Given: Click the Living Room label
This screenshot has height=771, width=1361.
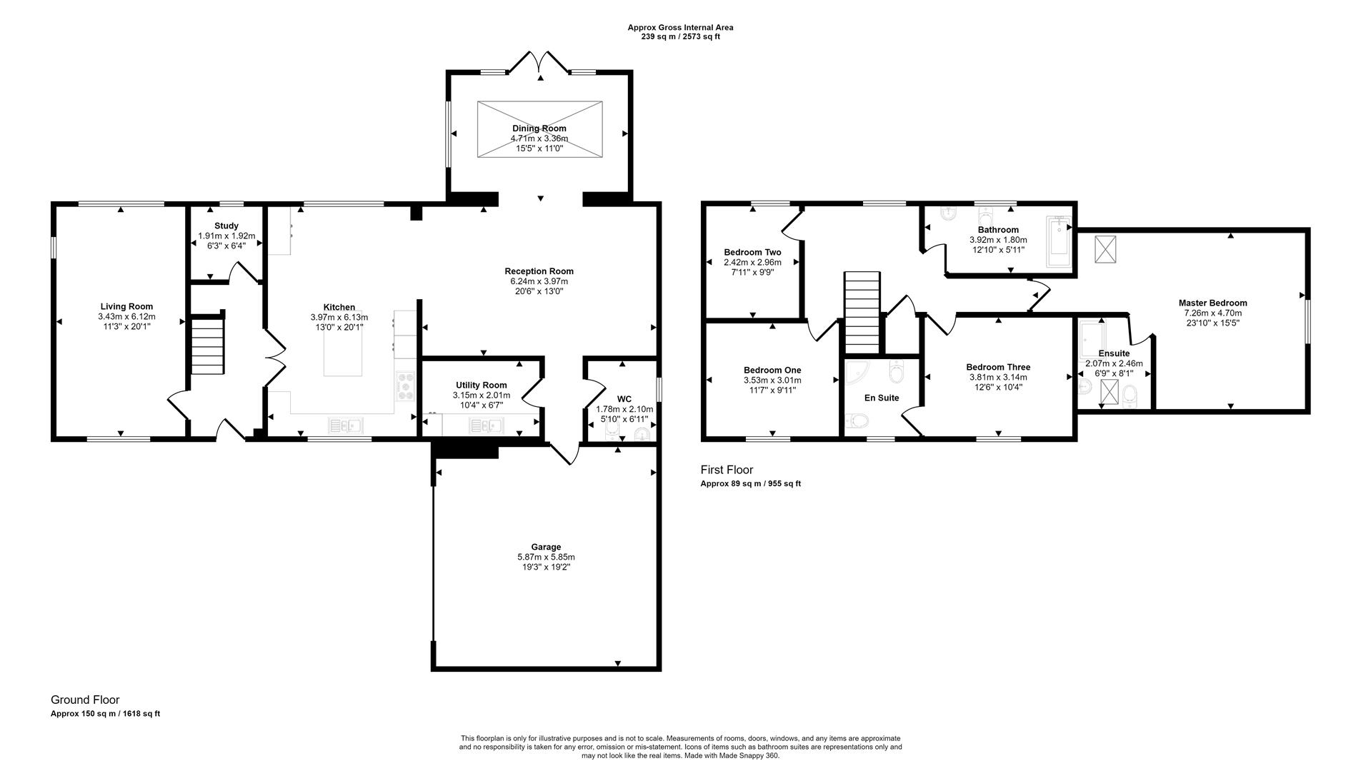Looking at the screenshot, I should tap(126, 307).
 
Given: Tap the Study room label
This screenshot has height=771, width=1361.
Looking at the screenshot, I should tap(226, 226).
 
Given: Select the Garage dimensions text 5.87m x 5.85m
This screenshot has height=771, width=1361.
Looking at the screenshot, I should tap(546, 557).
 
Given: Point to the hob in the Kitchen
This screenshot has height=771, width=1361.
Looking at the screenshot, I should tap(406, 385).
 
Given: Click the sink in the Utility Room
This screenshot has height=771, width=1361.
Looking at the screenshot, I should tap(486, 426).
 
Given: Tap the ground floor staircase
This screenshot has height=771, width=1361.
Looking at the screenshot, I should tap(208, 346).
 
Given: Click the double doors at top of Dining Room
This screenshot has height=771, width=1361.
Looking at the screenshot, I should tap(540, 64).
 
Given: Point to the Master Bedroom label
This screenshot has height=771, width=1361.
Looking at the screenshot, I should tap(1212, 303).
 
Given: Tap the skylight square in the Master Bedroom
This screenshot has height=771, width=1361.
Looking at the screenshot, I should tap(1105, 249).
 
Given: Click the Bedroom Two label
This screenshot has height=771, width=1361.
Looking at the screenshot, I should tap(752, 252).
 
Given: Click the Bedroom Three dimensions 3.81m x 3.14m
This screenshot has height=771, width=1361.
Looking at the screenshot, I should tap(998, 377).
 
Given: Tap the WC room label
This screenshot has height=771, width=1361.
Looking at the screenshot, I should tap(624, 399).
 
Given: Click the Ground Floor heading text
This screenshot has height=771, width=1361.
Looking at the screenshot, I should tap(85, 700).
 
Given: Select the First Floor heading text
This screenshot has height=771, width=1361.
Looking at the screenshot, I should tap(727, 470).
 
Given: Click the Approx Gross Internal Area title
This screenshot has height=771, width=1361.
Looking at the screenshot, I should tap(680, 28).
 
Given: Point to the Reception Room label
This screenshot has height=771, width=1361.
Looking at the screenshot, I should tap(539, 271).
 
